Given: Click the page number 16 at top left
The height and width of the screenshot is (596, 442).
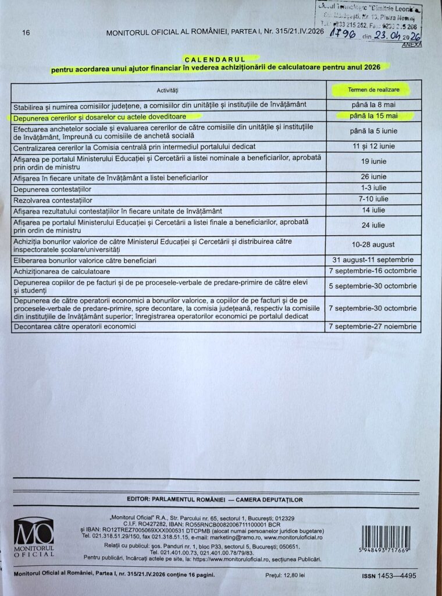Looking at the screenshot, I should point(26,33).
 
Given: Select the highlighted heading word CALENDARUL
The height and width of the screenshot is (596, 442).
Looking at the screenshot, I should point(215,59).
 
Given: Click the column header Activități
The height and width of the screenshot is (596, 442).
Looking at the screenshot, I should point(167,91).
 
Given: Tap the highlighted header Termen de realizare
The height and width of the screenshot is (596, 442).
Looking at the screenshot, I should point(373,90).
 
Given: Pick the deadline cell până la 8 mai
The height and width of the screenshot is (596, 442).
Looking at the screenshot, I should point(373,105).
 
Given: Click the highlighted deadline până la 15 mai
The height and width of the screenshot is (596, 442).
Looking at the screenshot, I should point(373,116).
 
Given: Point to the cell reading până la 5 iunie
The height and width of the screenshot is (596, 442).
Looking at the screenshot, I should point(373,131).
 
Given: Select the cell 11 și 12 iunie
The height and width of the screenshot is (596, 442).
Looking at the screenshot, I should point(373,146).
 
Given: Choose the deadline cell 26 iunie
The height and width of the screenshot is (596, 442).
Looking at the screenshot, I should point(373,176).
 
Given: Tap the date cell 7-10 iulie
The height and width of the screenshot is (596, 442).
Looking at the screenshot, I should point(373,199).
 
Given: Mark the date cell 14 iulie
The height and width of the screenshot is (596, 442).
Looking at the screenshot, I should point(373,210).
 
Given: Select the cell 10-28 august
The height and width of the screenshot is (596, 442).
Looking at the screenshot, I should point(373,244).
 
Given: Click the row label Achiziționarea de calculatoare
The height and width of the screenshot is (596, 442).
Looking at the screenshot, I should point(61,271).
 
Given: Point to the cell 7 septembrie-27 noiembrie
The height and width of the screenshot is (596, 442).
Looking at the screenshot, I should point(373,327).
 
